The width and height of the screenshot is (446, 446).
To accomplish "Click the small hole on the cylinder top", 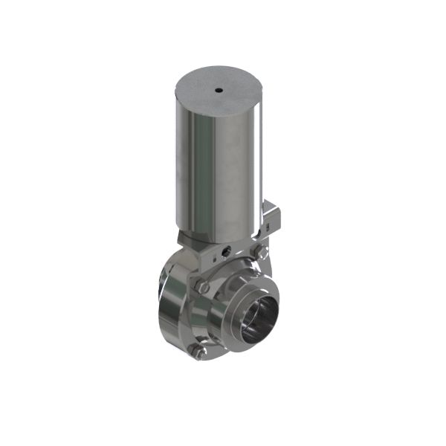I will coord(219,91).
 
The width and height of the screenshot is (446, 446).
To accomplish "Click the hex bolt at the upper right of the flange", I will coord(259,254).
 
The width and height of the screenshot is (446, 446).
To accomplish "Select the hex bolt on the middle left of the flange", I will coord(200,286).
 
